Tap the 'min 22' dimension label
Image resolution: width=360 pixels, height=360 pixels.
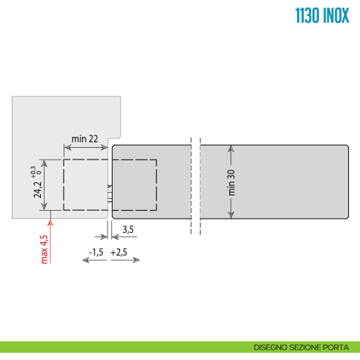click(86, 139)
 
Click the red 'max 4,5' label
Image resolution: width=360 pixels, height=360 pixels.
click(45, 249)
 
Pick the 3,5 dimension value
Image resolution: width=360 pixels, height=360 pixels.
click(127, 230)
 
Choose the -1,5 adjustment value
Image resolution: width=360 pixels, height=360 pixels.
click(95, 252)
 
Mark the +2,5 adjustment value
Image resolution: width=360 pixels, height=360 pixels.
click(119, 252)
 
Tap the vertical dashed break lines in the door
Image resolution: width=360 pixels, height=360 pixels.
click(195, 183)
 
